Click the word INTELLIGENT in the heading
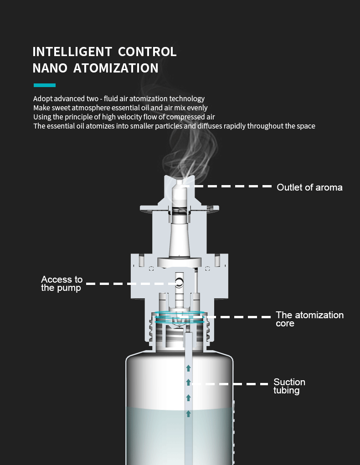pyautogui.click(x=72, y=52)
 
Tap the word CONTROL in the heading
pyautogui.click(x=148, y=52)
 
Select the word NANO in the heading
pyautogui.click(x=50, y=68)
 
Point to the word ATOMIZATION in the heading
pyautogui.click(x=116, y=68)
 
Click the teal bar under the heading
pyautogui.click(x=45, y=85)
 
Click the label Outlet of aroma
pyautogui.click(x=309, y=187)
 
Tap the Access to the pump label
pyautogui.click(x=62, y=284)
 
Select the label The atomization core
pyautogui.click(x=309, y=319)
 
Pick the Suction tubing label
pyautogui.click(x=289, y=386)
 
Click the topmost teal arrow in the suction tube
pyautogui.click(x=188, y=368)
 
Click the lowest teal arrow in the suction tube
pyautogui.click(x=188, y=413)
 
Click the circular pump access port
pyautogui.click(x=180, y=283)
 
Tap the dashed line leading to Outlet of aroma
pyautogui.click(x=228, y=186)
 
